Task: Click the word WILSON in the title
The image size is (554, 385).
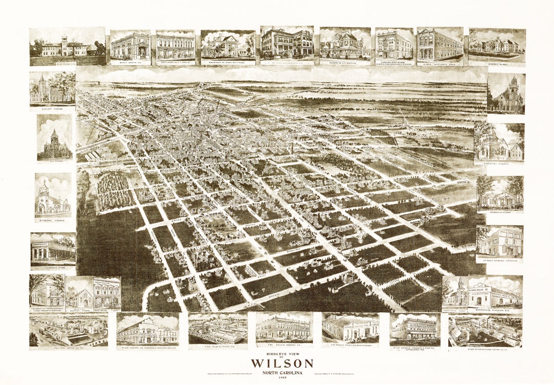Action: pyautogui.click(x=282, y=363)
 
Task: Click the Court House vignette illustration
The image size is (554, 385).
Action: pyautogui.click(x=52, y=88)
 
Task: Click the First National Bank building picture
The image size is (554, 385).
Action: pyautogui.click(x=440, y=45)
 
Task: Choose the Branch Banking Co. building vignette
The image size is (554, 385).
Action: pyautogui.click(x=130, y=46)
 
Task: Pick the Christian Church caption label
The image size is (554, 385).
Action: pyautogui.click(x=499, y=163)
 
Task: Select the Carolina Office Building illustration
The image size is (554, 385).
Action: pyautogui.click(x=394, y=45)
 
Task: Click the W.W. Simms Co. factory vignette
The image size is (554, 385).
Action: pyautogui.click(x=217, y=329)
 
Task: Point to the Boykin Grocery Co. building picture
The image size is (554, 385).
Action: pyautogui.click(x=284, y=327)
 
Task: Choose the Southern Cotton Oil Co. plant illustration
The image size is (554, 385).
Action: pyautogui.click(x=485, y=331)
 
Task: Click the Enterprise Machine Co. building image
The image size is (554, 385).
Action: pyautogui.click(x=495, y=294)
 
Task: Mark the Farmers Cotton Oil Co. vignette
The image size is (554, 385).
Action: pyautogui.click(x=68, y=331)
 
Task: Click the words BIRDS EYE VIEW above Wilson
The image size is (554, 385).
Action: pyautogui.click(x=282, y=354)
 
